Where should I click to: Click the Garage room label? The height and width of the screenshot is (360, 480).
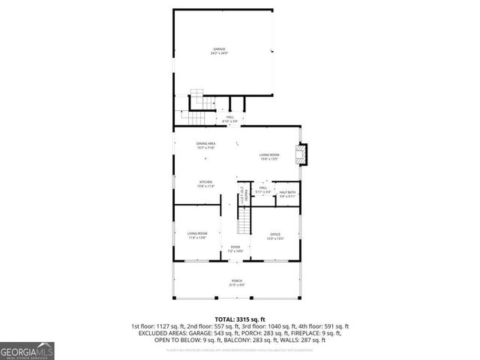click(x=219, y=51)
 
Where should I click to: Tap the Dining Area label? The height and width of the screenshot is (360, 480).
click(x=205, y=145)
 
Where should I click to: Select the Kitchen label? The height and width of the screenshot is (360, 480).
click(x=205, y=183)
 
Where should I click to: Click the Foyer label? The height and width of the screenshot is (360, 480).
click(x=235, y=248)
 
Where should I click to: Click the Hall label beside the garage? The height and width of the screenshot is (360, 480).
click(x=229, y=118)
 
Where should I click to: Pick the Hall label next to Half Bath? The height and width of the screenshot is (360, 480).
click(x=262, y=190)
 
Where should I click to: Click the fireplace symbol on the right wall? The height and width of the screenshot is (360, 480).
click(x=301, y=154)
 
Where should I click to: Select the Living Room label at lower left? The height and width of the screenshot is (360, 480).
click(x=197, y=235)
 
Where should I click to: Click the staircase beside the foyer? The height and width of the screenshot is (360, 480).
click(x=244, y=223)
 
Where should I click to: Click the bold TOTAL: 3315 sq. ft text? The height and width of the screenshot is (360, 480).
click(x=239, y=319)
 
